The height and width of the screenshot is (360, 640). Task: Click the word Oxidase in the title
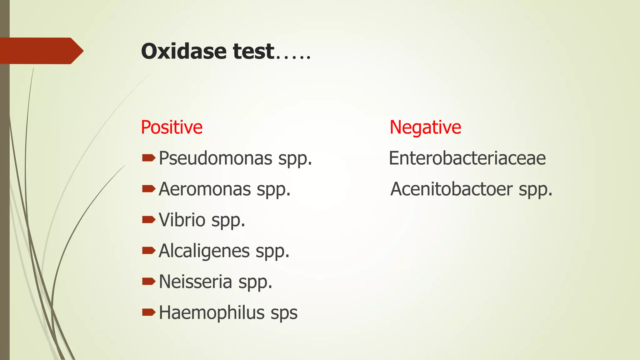coord(183,51)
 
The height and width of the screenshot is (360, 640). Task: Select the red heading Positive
coord(172,127)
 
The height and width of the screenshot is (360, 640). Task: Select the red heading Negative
coord(425,127)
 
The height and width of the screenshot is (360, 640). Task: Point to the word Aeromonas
coord(205,189)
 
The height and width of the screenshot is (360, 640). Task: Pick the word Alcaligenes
coord(204,251)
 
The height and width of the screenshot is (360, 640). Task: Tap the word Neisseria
coord(195,282)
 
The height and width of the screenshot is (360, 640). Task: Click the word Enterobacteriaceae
coord(467,158)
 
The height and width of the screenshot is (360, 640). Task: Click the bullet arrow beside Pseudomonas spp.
coord(148,158)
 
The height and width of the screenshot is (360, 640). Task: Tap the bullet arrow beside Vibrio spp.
coord(148,220)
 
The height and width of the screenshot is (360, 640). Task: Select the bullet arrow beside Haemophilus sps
coord(148,312)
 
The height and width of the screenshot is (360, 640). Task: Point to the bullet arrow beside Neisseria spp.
coord(148,282)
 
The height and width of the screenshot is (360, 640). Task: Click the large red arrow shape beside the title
coord(41,51)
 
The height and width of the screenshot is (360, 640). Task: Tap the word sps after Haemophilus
coord(284,313)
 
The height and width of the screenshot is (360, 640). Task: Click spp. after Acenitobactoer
coord(535,190)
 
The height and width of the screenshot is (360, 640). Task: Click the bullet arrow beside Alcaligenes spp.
coord(148,251)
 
